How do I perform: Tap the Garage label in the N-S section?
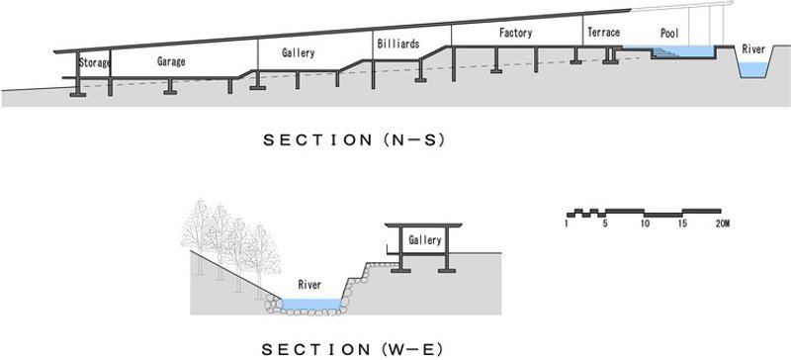click(x=172, y=61)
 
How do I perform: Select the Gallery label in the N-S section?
click(x=298, y=53)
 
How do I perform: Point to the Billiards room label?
click(x=397, y=45)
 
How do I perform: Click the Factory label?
click(x=515, y=33)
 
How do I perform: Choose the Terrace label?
click(x=603, y=33)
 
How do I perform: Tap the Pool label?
click(x=669, y=33)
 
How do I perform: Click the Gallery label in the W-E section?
click(x=424, y=240)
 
